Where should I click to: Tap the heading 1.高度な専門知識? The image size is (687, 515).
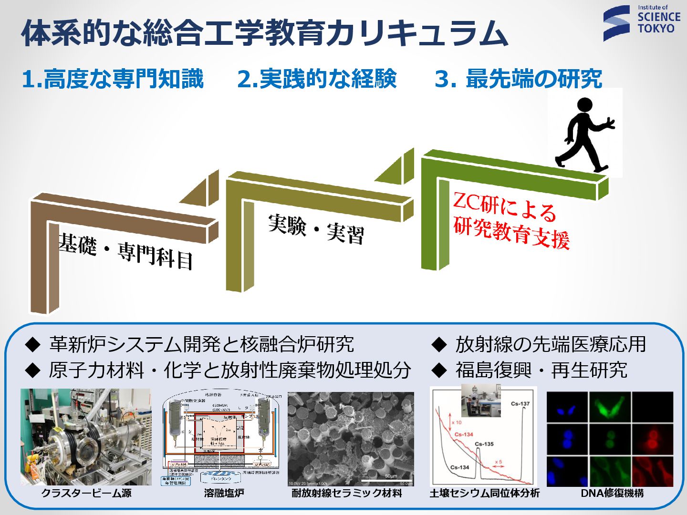(113, 79)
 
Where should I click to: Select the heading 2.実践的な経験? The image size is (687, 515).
(317, 79)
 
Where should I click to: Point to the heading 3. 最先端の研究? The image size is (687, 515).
(518, 79)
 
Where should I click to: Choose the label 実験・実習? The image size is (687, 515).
(316, 229)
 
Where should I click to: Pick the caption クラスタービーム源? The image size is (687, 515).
(86, 493)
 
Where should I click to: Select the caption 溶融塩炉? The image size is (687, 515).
(224, 493)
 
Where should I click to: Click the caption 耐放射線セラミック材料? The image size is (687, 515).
(347, 493)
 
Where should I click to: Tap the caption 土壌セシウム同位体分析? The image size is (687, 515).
(485, 493)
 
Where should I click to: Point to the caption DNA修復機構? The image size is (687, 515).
(612, 493)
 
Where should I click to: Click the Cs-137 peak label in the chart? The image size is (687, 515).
(520, 404)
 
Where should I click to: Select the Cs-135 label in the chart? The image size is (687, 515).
(484, 444)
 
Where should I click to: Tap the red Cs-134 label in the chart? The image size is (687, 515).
(464, 434)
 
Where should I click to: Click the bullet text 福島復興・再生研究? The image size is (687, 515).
(541, 370)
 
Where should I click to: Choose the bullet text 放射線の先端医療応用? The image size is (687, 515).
(551, 344)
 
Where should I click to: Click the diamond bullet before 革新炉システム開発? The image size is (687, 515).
(33, 344)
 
